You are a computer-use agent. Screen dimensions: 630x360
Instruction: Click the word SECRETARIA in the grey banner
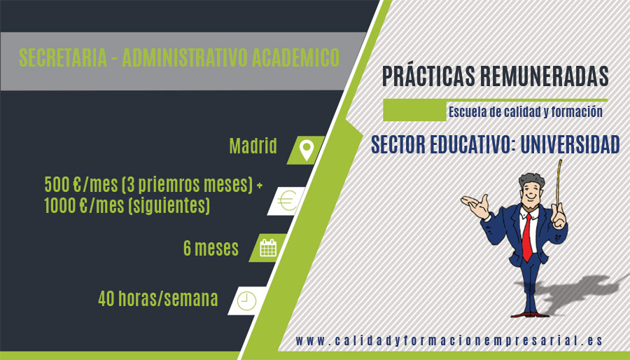[63, 57]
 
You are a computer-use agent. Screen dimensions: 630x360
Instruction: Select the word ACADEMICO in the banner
[295, 57]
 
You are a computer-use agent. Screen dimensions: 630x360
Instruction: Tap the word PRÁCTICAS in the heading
[428, 76]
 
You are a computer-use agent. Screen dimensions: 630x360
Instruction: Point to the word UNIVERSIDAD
[570, 145]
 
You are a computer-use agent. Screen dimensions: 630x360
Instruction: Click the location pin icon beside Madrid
[307, 151]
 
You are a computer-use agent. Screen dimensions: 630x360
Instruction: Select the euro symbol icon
[287, 201]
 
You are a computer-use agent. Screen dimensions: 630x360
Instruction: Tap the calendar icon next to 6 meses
[268, 248]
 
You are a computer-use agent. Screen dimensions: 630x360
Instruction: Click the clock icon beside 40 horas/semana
[246, 300]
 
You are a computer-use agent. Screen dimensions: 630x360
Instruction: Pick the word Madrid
[253, 146]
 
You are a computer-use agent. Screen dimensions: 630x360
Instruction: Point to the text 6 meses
[211, 248]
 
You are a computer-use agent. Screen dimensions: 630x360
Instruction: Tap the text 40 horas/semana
[158, 298]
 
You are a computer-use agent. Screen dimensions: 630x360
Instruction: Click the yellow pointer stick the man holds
[559, 185]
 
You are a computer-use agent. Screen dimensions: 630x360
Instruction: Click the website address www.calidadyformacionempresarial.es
[449, 341]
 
